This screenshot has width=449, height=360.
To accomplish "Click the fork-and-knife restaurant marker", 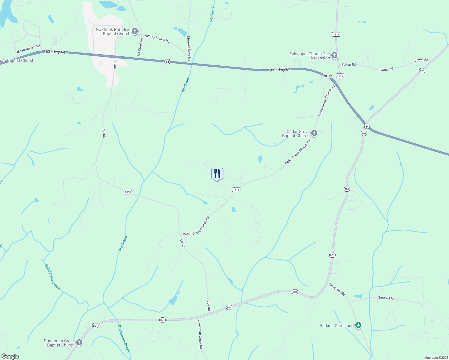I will click(x=217, y=174).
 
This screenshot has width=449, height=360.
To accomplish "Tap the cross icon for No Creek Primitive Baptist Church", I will click(x=135, y=31).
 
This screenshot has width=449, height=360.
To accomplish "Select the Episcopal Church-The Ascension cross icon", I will click(x=334, y=55).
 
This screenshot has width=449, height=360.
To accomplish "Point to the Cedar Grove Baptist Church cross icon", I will click(x=314, y=133).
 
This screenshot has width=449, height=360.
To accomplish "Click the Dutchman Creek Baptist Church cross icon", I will click(x=79, y=343).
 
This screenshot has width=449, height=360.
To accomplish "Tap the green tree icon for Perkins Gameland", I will click(x=358, y=325).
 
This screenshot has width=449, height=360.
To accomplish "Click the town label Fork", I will click(x=328, y=76).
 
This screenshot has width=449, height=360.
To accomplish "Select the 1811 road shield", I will click(x=236, y=190).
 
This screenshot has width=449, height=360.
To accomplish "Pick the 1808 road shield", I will click(x=128, y=192).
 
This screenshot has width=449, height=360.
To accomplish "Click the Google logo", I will click(x=10, y=356).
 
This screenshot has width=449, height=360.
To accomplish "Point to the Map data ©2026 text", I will click(x=436, y=358).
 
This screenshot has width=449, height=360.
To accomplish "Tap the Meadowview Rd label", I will click(x=28, y=49).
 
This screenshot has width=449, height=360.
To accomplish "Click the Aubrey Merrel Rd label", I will click(x=157, y=38).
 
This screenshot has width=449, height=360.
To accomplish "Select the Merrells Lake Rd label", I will click(x=188, y=49).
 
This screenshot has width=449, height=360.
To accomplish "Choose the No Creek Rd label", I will click(x=140, y=46).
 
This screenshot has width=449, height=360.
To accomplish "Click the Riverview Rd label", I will click(x=337, y=289).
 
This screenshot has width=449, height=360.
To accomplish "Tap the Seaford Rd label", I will click(x=386, y=298).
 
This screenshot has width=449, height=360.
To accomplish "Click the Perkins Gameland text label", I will click(x=336, y=325).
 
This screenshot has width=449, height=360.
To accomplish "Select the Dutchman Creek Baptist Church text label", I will click(x=59, y=343).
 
